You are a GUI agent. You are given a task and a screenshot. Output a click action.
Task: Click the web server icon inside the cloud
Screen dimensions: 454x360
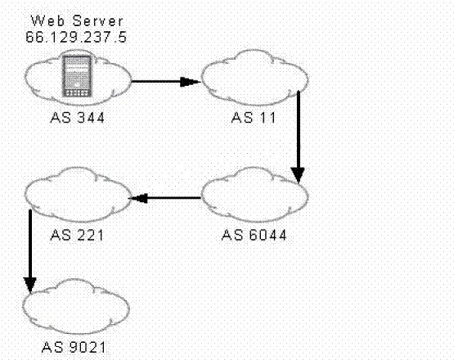[x=77, y=76]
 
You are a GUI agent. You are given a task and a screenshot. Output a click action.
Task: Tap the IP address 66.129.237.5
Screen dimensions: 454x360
[x=76, y=37]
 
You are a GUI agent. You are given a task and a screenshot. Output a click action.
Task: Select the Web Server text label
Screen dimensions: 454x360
[x=77, y=20]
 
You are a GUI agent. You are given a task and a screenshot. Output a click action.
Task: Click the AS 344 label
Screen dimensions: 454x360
[x=78, y=118]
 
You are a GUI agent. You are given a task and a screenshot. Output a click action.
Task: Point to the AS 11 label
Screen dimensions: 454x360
[x=254, y=118]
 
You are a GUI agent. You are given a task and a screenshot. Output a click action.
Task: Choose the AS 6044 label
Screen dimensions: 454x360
[x=254, y=235]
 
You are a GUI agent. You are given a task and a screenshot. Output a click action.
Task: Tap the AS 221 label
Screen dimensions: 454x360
[x=77, y=235]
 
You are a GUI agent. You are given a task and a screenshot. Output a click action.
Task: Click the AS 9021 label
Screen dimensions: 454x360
[x=74, y=347]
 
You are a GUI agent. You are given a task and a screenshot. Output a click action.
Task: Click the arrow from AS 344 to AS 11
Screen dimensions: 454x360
[x=166, y=82]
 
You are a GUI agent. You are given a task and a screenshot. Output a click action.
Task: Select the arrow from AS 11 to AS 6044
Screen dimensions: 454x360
[x=298, y=137]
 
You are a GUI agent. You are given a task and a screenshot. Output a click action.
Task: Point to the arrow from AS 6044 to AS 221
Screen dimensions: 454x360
[x=164, y=198]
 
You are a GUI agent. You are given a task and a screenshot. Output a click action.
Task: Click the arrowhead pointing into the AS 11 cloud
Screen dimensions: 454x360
[x=191, y=82]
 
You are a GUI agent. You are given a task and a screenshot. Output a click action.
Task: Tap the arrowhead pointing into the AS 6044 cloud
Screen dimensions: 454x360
[x=298, y=176]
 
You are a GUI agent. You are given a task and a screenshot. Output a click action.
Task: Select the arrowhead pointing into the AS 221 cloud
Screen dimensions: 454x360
[x=138, y=198]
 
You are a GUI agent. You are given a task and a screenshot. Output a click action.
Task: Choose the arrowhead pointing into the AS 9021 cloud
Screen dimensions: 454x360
[x=30, y=286]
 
